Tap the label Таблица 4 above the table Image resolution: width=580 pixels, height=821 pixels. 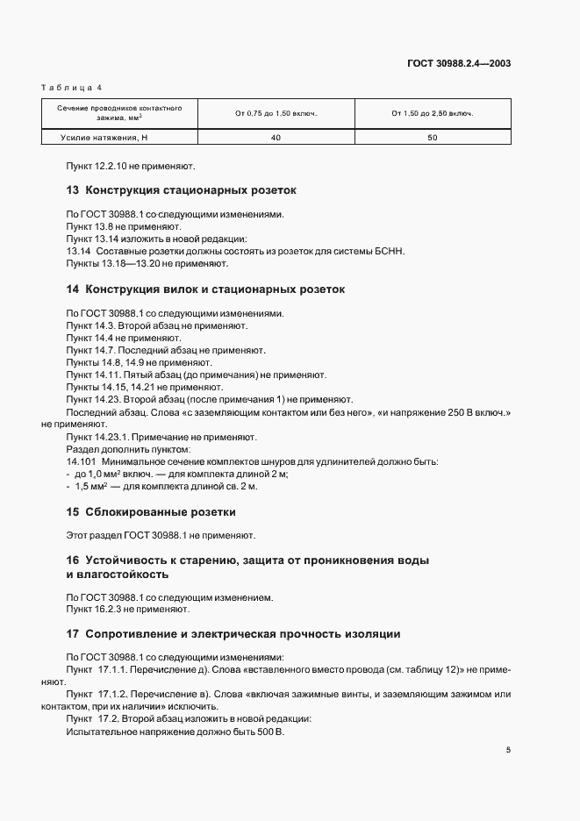pyautogui.click(x=72, y=88)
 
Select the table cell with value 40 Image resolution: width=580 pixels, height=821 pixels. pyautogui.click(x=276, y=138)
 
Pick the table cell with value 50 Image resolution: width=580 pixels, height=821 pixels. pyautogui.click(x=432, y=138)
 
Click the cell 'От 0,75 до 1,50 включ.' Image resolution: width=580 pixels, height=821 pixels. pyautogui.click(x=276, y=113)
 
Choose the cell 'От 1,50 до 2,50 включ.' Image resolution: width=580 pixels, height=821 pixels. pyautogui.click(x=432, y=113)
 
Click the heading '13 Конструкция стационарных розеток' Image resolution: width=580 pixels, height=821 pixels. pyautogui.click(x=182, y=189)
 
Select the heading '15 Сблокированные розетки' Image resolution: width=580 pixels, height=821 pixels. pyautogui.click(x=151, y=511)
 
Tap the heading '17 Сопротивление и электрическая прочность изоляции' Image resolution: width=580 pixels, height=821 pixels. pyautogui.click(x=233, y=633)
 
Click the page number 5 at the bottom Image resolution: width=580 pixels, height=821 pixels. pyautogui.click(x=508, y=750)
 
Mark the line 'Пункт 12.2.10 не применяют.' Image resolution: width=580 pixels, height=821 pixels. pyautogui.click(x=131, y=165)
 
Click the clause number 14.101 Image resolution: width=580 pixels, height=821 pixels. pyautogui.click(x=82, y=460)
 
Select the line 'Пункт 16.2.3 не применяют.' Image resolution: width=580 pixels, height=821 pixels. pyautogui.click(x=127, y=609)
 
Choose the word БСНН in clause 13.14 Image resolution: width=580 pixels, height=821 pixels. pyautogui.click(x=385, y=251)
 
